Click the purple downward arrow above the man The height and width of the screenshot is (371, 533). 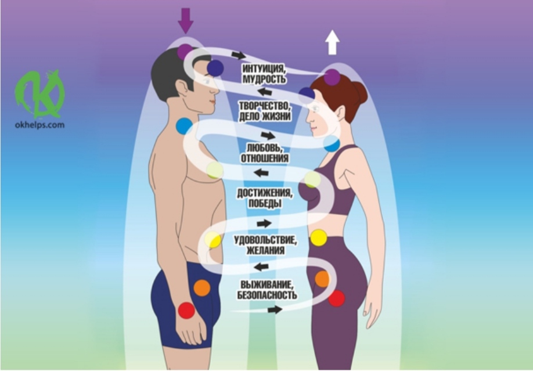pos(186,20)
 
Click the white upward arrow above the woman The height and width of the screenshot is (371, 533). pos(332,42)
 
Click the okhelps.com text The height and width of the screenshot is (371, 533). pos(39,125)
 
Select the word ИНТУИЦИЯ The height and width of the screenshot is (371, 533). pos(264,68)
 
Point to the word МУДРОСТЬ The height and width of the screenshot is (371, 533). pos(264,79)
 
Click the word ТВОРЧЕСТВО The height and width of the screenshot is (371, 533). pos(265,106)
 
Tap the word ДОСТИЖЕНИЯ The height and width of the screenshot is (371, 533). pos(264,193)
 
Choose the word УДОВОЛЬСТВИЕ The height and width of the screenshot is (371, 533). pos(265,240)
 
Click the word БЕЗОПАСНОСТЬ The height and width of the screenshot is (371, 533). pos(267,295)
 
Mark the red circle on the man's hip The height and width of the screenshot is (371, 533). pos(186,310)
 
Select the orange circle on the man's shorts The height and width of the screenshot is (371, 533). pos(202,288)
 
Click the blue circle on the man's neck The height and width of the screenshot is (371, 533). pos(184,126)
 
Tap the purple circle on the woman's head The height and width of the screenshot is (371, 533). pos(332,77)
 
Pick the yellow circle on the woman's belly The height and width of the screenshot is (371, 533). pos(319,237)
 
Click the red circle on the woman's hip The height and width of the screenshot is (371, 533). pos(337,298)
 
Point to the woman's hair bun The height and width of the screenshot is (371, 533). pos(359,92)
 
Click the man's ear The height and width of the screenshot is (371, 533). pos(182,88)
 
